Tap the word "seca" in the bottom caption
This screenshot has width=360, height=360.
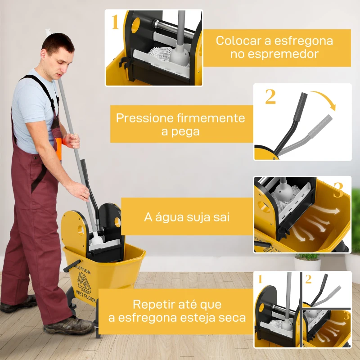click(x=230, y=318)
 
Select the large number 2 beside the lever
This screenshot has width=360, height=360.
click(x=270, y=97)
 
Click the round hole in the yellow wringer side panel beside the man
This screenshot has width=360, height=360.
click(x=81, y=230)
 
